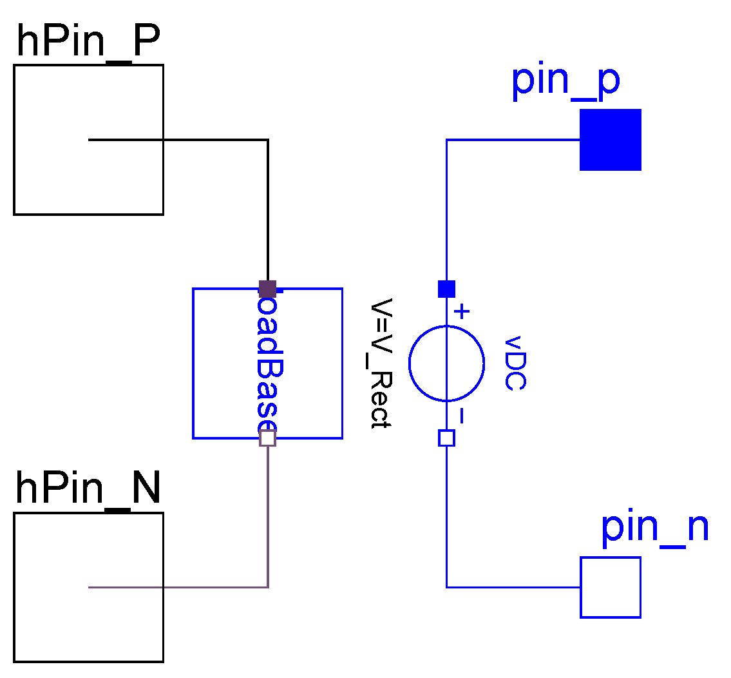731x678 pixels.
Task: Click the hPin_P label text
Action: pos(88,43)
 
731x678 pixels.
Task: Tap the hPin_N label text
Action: pos(88,489)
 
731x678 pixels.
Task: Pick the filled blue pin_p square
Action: pos(610,140)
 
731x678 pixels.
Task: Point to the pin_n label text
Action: pos(654,528)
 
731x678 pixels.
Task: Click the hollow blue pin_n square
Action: pos(610,587)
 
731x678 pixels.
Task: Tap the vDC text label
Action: pos(515,363)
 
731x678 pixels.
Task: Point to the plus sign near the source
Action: pos(462,313)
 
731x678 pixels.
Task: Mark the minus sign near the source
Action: pos(461,416)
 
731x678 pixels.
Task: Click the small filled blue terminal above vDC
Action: pos(446,289)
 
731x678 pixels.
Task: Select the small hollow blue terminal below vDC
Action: pos(446,438)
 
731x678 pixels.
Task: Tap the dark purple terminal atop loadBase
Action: pos(267,288)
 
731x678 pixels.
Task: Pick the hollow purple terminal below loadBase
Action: pos(267,438)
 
